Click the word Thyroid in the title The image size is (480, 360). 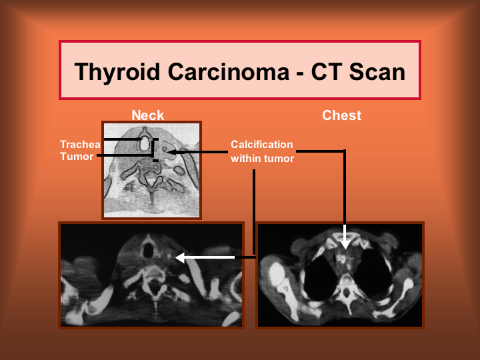point(117,72)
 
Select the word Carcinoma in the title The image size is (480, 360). point(229,71)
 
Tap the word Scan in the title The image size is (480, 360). point(377,71)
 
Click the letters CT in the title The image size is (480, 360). point(327,71)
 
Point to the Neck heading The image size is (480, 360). point(148,115)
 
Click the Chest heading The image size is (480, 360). point(341,115)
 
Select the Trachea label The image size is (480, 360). point(80,144)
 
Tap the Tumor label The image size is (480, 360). point(77,157)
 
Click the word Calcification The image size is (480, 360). point(262,144)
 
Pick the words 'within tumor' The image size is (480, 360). point(263,158)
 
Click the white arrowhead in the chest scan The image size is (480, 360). point(345,243)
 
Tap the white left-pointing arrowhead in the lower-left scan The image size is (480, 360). point(180,258)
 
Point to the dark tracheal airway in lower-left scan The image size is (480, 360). point(148,251)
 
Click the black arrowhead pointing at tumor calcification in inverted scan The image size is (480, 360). point(170,152)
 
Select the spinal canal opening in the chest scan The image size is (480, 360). point(346,293)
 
